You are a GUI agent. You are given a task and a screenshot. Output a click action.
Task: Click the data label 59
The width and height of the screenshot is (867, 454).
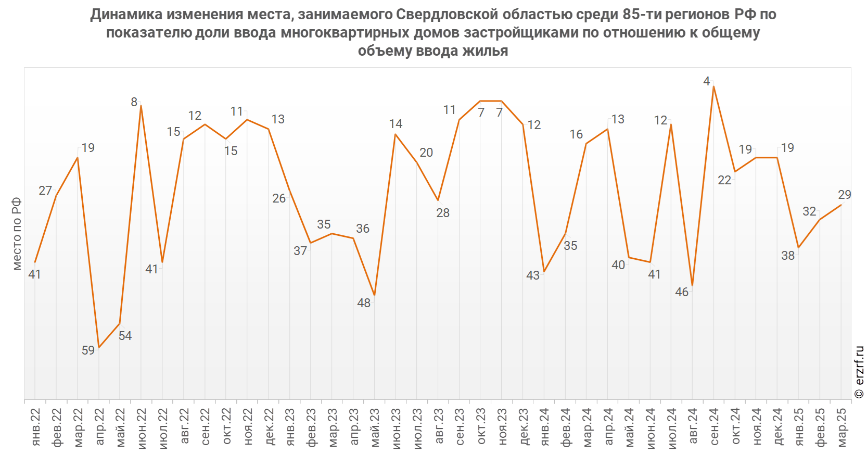point(88,350)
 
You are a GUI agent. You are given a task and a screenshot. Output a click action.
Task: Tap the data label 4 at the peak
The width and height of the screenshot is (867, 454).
point(706,81)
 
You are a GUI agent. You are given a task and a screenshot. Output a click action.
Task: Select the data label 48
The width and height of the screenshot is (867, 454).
point(364,303)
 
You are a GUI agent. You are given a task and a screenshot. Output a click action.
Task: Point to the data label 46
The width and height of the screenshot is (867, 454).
point(682,292)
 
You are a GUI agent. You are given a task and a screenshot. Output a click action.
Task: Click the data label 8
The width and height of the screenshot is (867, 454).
point(134,102)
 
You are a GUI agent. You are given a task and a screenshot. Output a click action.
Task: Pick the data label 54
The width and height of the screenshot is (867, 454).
point(125,336)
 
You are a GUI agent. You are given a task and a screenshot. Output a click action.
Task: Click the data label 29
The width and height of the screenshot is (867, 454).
point(844,195)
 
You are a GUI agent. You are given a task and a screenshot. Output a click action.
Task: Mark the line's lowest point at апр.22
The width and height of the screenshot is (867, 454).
point(99,347)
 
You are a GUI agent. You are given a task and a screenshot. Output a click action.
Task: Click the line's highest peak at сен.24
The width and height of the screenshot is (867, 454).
point(713,86)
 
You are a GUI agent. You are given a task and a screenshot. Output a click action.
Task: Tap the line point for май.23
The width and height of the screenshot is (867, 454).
point(374,296)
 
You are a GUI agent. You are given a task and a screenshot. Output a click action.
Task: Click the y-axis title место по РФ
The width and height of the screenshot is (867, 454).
point(17,233)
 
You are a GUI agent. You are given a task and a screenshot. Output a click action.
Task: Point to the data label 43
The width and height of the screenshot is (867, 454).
point(533,275)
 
